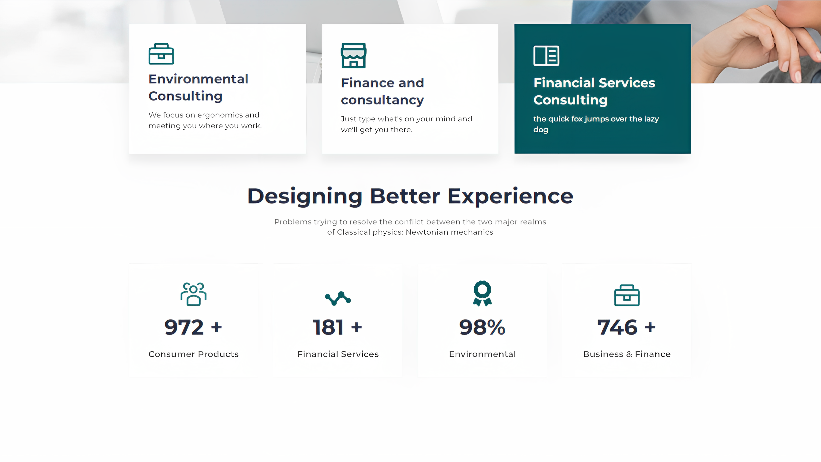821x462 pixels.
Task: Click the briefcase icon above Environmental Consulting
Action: tap(161, 54)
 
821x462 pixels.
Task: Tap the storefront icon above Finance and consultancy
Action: tap(353, 55)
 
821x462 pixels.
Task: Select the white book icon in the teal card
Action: tap(546, 56)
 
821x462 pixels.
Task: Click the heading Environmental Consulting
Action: tap(198, 87)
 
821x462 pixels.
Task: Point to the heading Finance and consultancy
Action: tap(382, 92)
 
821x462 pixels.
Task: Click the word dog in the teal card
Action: tap(541, 130)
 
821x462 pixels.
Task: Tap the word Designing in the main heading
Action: tap(305, 196)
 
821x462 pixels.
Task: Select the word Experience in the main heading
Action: tap(511, 196)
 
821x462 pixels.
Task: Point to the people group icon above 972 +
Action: tap(194, 294)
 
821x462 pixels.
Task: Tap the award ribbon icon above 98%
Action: tap(482, 293)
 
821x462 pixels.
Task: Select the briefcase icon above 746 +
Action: tap(627, 295)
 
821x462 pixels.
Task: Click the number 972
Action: tap(184, 327)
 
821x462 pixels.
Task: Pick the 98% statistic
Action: tap(482, 327)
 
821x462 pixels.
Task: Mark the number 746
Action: tap(617, 327)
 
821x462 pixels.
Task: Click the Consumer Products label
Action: tap(194, 354)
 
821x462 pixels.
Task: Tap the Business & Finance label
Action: tap(627, 354)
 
